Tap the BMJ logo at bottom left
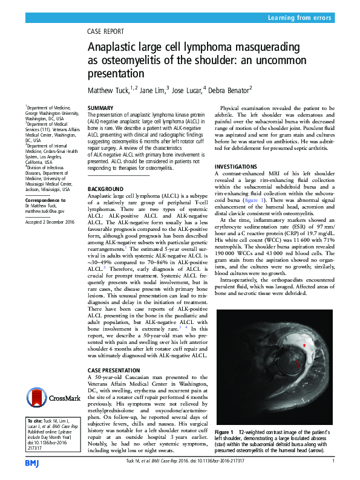(31, 462)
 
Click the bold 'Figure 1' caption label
(224, 432)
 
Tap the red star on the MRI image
(304, 344)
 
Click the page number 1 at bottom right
(333, 461)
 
